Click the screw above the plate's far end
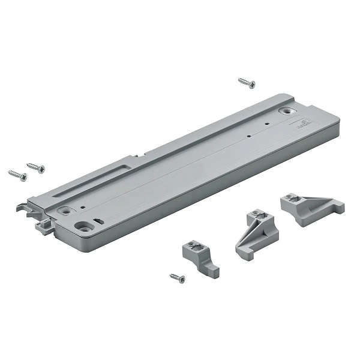[x=247, y=83]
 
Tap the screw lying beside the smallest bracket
[x=178, y=278]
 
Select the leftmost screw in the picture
[x=17, y=175]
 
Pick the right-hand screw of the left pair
[x=36, y=167]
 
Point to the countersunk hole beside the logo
[x=287, y=111]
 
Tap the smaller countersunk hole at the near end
[x=64, y=211]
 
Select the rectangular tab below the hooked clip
[x=44, y=226]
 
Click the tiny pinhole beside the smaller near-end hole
[x=83, y=208]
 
